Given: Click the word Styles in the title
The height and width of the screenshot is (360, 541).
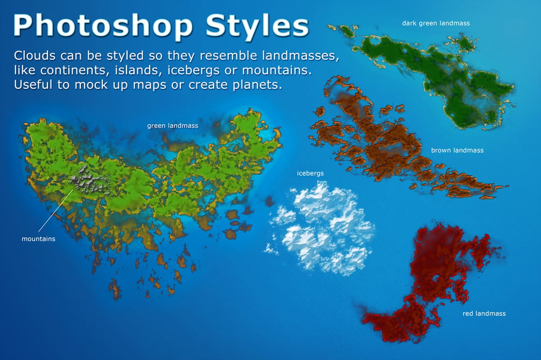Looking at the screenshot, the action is (257, 25).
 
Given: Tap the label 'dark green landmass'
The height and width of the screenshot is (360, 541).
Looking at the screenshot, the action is (436, 23).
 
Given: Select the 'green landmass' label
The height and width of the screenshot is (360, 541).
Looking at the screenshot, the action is (172, 126).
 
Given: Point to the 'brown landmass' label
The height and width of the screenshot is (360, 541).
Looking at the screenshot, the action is (457, 150).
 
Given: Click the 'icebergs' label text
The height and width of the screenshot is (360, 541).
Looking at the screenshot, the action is (310, 173).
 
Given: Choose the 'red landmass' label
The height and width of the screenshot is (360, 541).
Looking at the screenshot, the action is (484, 313).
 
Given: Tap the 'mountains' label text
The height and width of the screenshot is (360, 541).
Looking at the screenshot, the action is (38, 238).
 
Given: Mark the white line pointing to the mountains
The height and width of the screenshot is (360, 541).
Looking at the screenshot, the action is (55, 210).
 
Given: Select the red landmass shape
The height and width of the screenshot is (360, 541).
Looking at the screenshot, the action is (435, 279).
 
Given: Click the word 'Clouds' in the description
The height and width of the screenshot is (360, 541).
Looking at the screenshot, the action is (34, 55).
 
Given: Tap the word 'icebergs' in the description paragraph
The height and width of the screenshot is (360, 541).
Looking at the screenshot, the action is (193, 70).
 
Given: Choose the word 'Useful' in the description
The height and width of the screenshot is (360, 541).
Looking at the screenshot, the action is (33, 84).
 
